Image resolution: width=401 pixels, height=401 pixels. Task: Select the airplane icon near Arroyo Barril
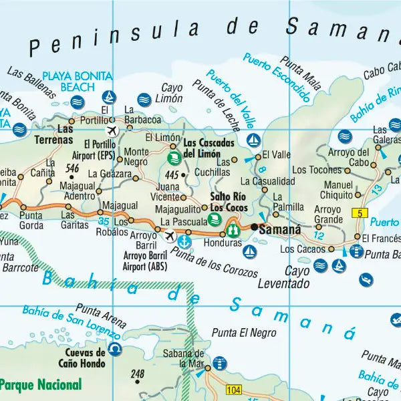click(x=170, y=236)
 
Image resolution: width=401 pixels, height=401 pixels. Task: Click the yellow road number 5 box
click(x=360, y=213)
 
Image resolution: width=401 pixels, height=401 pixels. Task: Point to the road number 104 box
click(x=234, y=389)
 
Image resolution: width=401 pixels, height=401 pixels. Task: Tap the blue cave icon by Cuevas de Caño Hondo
click(x=116, y=349)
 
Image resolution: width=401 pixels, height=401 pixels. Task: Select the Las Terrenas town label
click(x=55, y=134)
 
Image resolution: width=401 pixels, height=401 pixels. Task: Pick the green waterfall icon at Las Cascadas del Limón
click(x=173, y=158)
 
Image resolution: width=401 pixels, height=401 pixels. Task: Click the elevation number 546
click(x=73, y=167)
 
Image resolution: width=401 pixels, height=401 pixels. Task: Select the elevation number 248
click(x=138, y=374)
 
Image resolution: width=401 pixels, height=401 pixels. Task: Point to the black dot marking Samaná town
click(x=255, y=227)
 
